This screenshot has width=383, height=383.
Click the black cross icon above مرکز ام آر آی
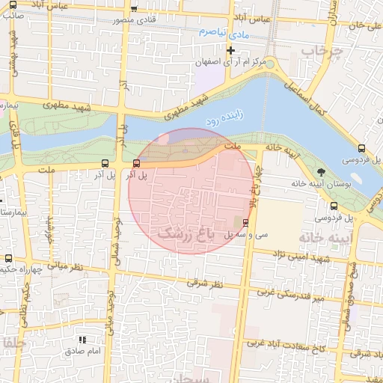[231, 51]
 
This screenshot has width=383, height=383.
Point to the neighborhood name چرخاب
[321, 52]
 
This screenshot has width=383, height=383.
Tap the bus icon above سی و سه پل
[246, 222]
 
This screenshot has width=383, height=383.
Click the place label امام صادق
[82, 350]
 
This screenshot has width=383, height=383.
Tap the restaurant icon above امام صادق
[82, 340]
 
